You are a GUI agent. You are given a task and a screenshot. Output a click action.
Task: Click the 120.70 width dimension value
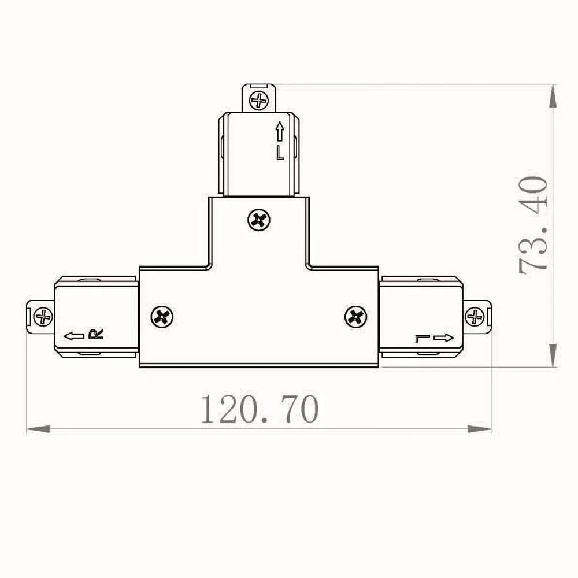260,409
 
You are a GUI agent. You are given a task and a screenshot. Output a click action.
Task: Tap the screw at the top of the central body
259,220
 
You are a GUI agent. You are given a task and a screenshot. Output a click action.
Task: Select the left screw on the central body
162,317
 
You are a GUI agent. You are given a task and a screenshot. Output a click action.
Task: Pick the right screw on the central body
355,317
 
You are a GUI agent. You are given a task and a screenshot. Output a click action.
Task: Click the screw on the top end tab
259,100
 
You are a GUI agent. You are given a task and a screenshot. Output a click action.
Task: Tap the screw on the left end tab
43,317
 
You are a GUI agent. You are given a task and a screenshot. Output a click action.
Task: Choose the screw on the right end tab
475,317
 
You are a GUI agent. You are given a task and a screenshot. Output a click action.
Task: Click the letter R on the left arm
96,334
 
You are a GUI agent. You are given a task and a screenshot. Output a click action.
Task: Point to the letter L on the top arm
280,153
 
